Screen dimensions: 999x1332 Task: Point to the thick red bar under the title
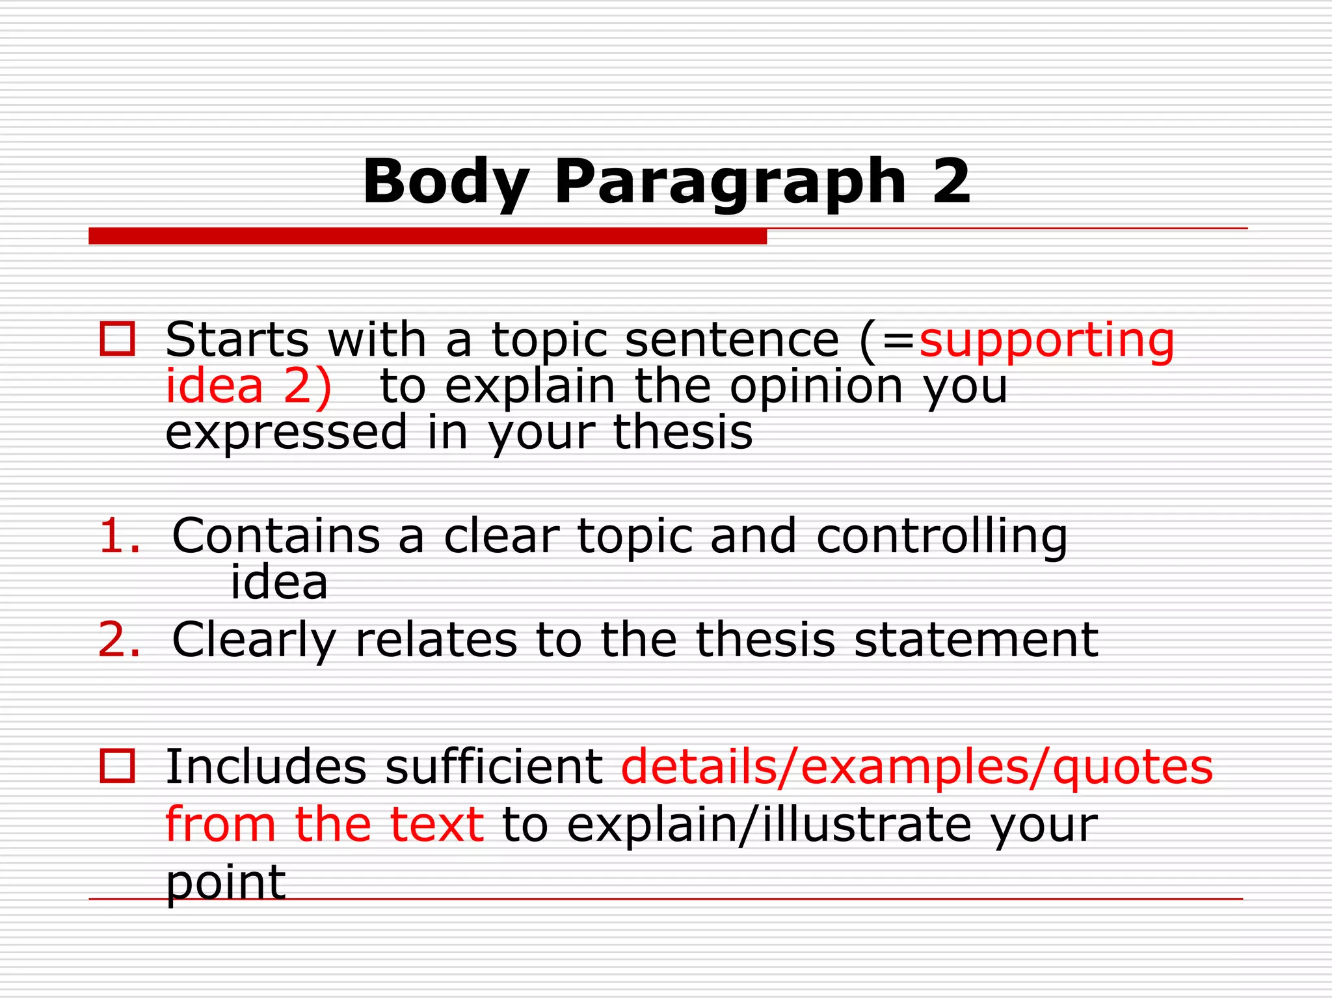coord(427,236)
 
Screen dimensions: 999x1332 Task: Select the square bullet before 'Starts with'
coord(117,339)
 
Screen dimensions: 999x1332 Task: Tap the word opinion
coord(816,388)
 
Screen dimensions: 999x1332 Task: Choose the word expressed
coord(286,434)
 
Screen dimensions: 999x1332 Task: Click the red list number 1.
coord(119,537)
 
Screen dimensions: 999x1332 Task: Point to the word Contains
coord(276,537)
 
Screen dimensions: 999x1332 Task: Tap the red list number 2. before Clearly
coord(119,640)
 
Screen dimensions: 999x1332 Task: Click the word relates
coord(436,640)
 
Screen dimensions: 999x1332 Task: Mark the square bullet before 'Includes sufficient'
coord(117,766)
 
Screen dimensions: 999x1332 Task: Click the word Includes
coord(266,767)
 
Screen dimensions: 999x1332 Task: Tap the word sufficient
coord(494,767)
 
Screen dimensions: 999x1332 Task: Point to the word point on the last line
coord(226,884)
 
